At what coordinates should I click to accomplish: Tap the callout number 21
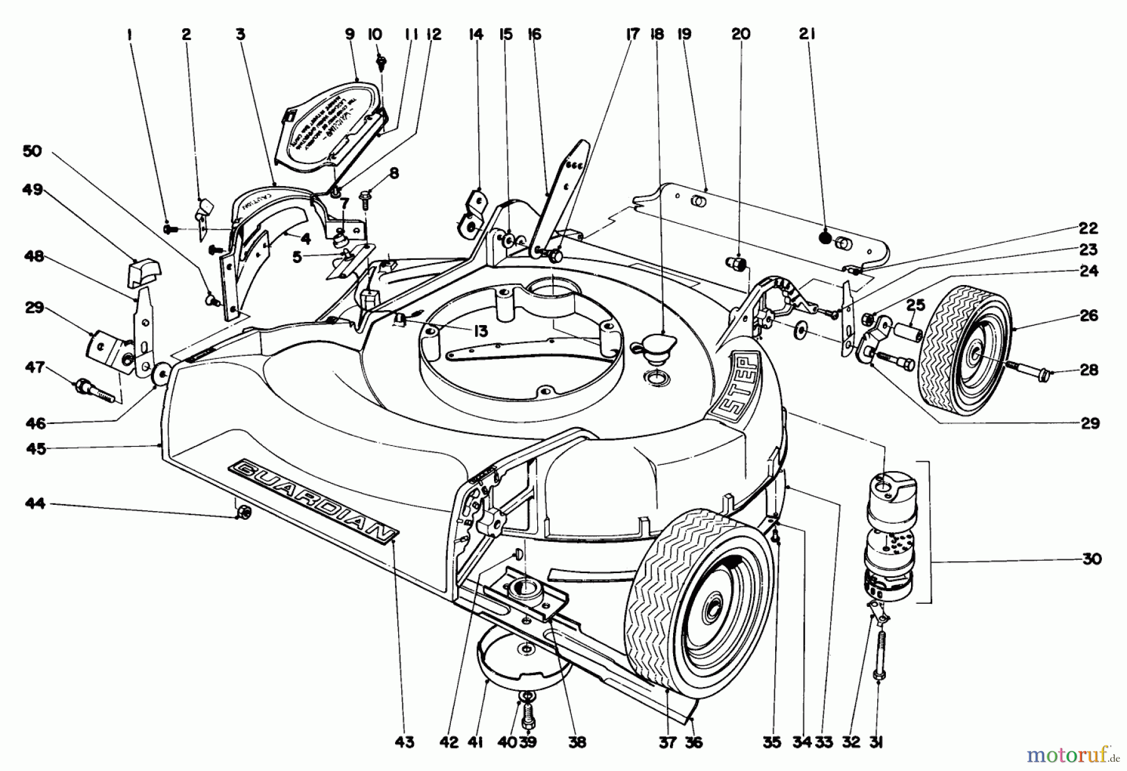(807, 34)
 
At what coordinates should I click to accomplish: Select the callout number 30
(1091, 558)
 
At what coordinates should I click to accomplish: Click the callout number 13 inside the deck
(480, 331)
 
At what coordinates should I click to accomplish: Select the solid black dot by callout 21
(825, 238)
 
